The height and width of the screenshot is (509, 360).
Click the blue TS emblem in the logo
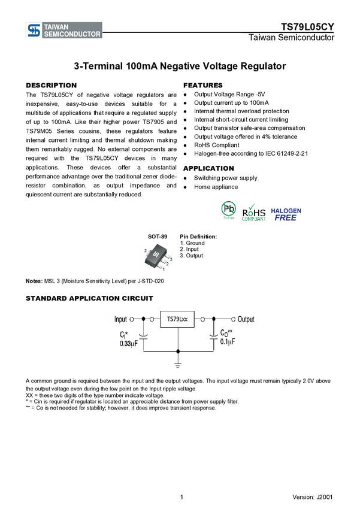point(34,31)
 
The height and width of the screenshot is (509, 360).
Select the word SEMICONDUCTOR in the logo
point(72,34)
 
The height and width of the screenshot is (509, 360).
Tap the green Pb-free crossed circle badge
point(228,209)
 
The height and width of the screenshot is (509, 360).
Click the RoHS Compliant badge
point(254,211)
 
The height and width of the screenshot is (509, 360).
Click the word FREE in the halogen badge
point(286,219)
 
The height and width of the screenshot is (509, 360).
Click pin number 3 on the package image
point(171,259)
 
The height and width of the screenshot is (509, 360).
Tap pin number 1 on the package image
point(164,269)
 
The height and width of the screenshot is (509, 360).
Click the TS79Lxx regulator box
point(177,320)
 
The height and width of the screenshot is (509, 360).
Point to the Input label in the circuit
point(120,320)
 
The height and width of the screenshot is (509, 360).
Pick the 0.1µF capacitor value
point(228,341)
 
